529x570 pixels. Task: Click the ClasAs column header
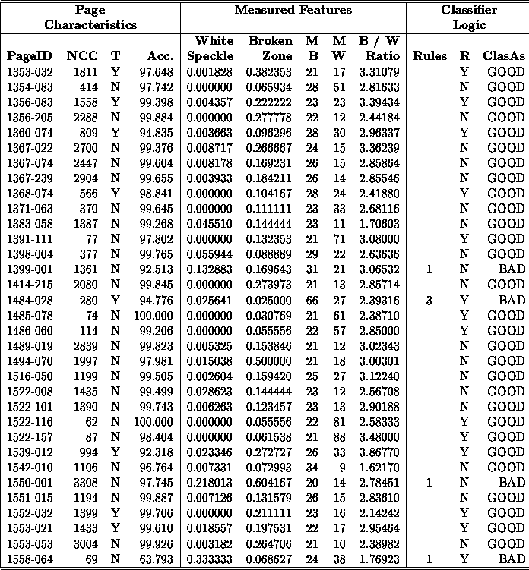pos(504,55)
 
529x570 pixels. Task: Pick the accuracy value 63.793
pos(157,560)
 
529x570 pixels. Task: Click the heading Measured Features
pos(293,11)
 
